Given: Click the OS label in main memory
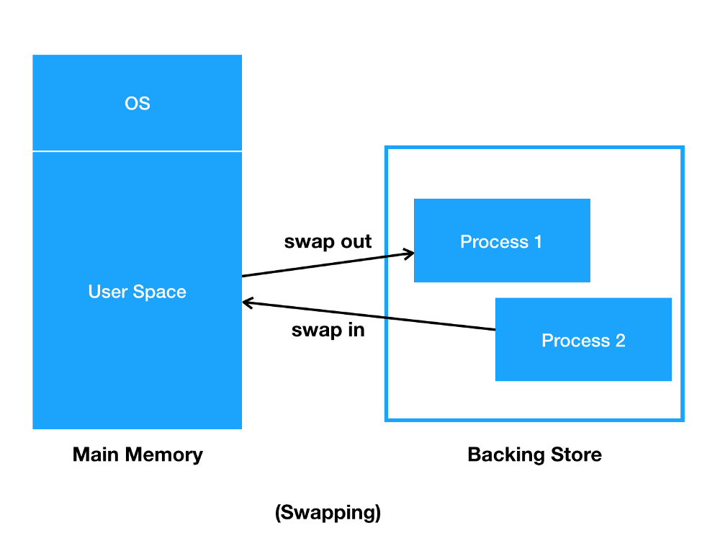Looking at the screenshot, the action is pos(138,103).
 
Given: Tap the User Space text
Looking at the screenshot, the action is pos(138,292).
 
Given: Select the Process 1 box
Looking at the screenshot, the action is pos(502,240).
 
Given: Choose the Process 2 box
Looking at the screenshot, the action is pos(583,339).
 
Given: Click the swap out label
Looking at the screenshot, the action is pos(328,241).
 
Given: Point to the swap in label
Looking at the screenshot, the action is pos(328,330).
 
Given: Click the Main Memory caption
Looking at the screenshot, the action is pos(138,454).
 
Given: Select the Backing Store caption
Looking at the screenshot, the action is pos(534,454).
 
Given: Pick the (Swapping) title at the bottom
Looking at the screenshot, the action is pos(328,512).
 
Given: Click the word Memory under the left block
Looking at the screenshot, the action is pos(164,454).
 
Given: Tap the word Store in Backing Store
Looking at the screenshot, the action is pos(576,454).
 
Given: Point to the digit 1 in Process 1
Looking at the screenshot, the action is pos(538,242).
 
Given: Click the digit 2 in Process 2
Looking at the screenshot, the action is pos(621,341).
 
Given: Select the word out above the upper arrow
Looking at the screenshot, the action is pos(353,241).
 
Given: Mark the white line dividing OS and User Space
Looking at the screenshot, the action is pos(138,151).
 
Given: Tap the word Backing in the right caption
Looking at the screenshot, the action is pos(506,454).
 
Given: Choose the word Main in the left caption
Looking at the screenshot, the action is pos(96,454).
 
